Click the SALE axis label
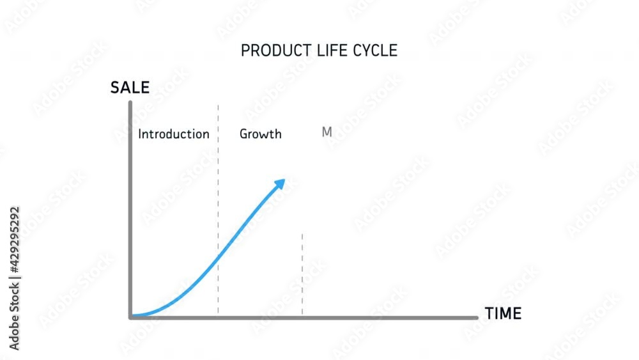130,88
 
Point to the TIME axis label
503,314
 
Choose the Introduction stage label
174,134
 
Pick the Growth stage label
260,134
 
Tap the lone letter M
327,132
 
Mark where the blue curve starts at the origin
132,316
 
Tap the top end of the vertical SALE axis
130,102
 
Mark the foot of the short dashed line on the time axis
302,315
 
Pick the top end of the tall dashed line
218,106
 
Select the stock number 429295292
15,239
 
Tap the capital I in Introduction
140,134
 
